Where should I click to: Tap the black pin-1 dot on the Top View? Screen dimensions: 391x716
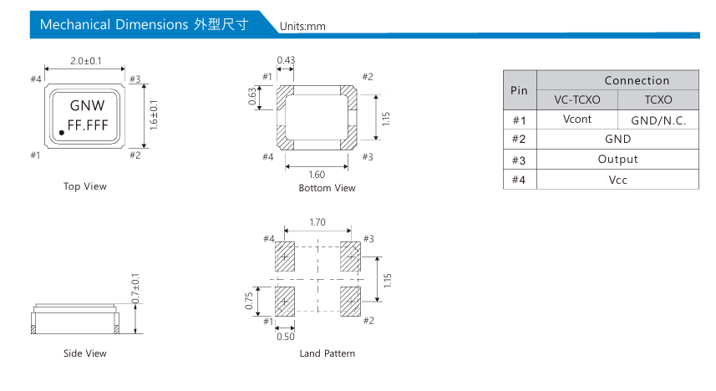point(61,134)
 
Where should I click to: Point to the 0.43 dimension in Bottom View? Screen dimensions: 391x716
point(285,60)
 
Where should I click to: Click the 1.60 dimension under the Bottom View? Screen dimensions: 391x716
point(317,175)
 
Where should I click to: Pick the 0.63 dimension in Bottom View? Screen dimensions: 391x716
point(252,98)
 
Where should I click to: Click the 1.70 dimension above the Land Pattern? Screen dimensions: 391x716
point(317,223)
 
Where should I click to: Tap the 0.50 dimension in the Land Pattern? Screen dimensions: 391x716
point(285,337)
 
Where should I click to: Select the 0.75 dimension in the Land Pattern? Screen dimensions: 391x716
point(250,301)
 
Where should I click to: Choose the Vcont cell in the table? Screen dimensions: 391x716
point(576,119)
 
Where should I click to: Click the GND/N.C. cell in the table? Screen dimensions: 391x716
point(658,120)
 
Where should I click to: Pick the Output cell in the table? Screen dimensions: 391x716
point(617,159)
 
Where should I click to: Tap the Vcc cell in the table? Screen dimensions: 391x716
point(617,179)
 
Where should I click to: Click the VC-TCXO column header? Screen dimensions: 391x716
point(576,99)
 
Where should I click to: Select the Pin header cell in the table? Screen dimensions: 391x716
point(519,90)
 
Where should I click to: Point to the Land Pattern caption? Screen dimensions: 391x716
point(327,353)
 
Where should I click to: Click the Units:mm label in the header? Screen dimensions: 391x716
point(302,26)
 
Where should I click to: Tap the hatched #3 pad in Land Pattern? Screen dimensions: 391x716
point(350,256)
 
